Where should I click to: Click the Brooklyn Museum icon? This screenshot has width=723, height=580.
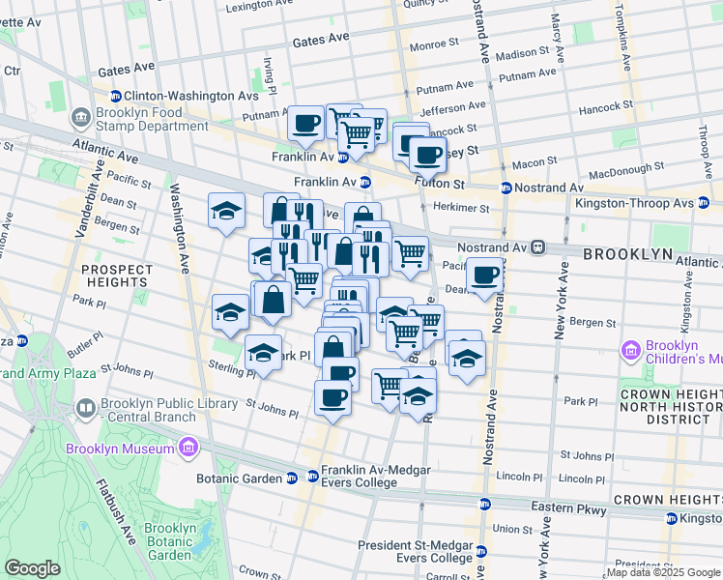[x=188, y=449]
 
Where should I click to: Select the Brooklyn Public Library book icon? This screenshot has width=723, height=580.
[x=86, y=410]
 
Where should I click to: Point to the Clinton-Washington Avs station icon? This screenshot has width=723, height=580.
[x=115, y=96]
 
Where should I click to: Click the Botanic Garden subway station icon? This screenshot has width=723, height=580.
[x=291, y=478]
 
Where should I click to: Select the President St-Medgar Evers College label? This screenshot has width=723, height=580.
[x=415, y=551]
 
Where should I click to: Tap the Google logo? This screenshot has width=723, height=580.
[x=33, y=568]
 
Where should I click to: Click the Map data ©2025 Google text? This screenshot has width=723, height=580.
[x=663, y=572]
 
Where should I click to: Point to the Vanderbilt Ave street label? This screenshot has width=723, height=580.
[x=98, y=193]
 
